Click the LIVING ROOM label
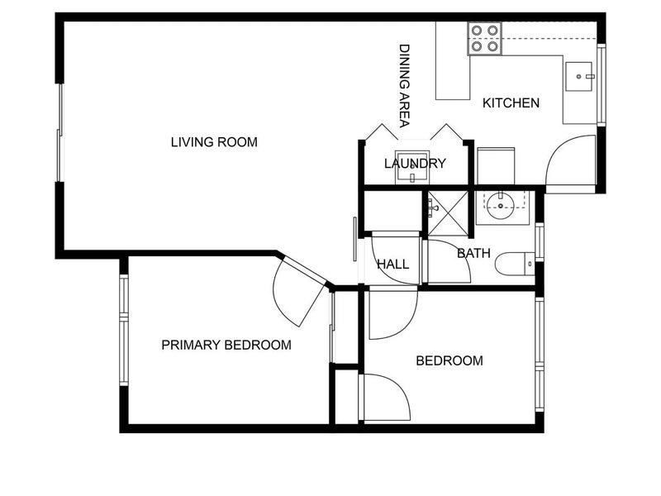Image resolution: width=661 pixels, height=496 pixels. [x=214, y=142]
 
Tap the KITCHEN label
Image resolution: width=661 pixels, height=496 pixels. [x=511, y=103]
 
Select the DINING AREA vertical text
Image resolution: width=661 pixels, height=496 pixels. [x=405, y=86]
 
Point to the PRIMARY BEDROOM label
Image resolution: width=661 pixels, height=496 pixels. [x=226, y=345]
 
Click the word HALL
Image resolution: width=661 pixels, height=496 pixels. [x=393, y=265]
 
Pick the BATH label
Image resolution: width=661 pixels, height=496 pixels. [x=473, y=253]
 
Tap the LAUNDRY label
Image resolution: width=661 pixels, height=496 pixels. [x=415, y=163]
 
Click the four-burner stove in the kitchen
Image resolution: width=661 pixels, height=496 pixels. [x=484, y=39]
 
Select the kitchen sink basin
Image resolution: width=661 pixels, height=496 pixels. [x=578, y=76]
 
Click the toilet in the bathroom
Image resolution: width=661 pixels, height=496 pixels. [x=515, y=264]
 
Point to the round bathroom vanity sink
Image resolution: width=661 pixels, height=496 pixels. [x=501, y=206]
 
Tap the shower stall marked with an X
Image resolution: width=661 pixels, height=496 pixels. [x=448, y=213]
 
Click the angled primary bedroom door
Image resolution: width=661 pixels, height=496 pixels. [x=300, y=291]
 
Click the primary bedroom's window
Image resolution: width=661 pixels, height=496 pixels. [x=123, y=330]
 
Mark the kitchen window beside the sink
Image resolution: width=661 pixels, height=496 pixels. [x=602, y=84]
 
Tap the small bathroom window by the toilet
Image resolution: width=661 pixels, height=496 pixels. [x=540, y=242]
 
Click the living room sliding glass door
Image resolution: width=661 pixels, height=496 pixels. [x=59, y=132]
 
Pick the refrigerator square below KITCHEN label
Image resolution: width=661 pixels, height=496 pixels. [x=496, y=166]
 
